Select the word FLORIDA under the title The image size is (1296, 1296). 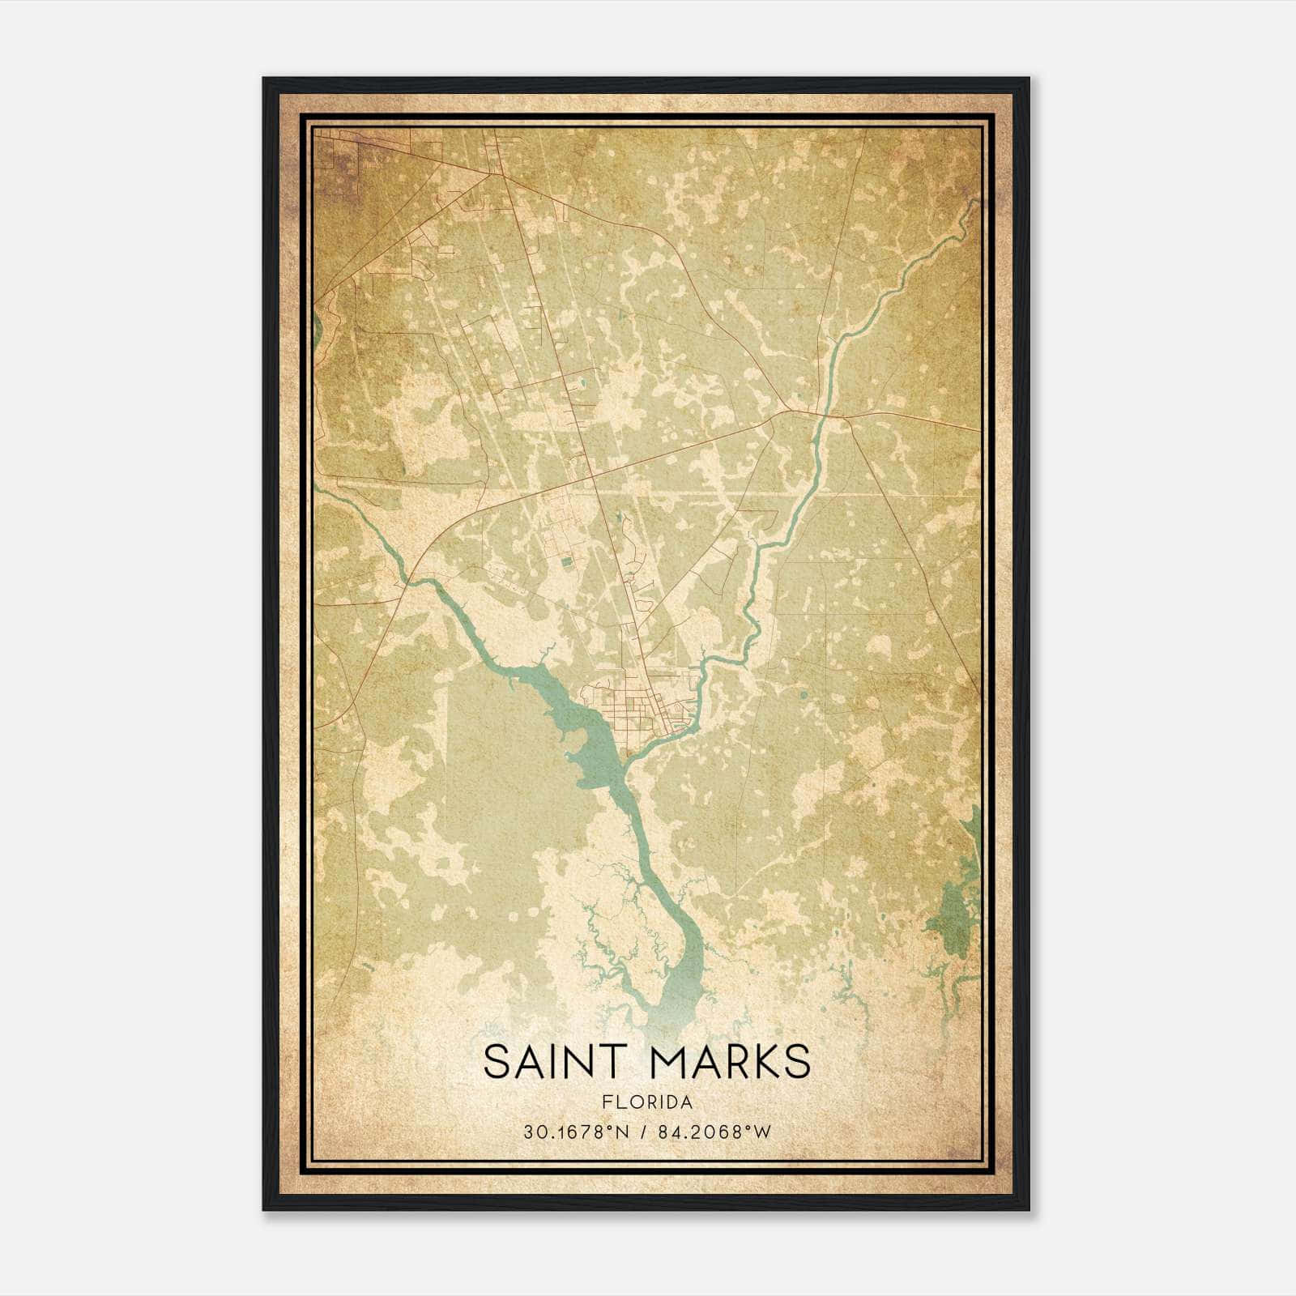pyautogui.click(x=646, y=1102)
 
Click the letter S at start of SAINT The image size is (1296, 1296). pyautogui.click(x=497, y=1062)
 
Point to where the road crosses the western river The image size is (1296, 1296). pyautogui.click(x=408, y=581)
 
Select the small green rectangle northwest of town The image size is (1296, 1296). pyautogui.click(x=566, y=560)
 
